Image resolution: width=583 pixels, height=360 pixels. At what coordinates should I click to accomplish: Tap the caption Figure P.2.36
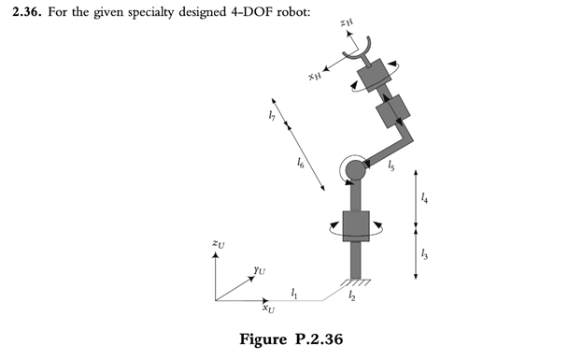pos(291,338)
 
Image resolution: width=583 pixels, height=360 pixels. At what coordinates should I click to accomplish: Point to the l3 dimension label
pos(426,252)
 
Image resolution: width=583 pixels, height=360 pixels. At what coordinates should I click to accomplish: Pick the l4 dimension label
pos(426,198)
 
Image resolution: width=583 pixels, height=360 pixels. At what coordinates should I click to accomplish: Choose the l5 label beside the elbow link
pos(391,166)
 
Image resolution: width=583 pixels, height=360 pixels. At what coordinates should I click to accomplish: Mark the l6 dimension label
pos(299,164)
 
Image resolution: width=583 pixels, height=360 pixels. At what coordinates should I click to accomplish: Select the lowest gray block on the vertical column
pos(356,225)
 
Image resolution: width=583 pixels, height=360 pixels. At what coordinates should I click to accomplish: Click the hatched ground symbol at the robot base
pos(355,281)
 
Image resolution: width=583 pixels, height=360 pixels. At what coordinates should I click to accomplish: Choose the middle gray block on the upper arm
pos(391,110)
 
